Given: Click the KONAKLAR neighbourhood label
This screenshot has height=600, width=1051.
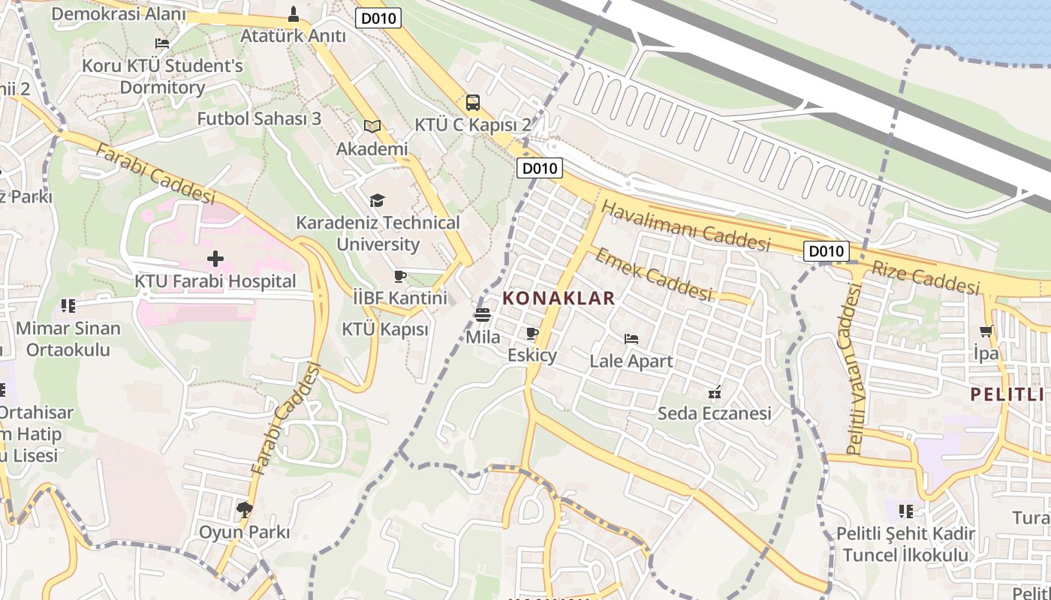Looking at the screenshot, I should click(x=559, y=298).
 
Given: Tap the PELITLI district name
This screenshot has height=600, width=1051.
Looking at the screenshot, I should click(x=1010, y=394).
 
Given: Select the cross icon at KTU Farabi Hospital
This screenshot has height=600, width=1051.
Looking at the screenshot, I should click(x=215, y=259).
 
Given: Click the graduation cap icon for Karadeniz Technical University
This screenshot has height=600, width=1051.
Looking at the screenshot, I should click(x=377, y=200).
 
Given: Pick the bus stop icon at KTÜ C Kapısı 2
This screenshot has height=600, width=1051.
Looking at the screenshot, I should click(x=473, y=103).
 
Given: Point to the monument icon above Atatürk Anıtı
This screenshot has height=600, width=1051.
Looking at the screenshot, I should click(x=294, y=13).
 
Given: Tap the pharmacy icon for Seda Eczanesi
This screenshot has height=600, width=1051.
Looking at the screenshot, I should click(x=715, y=391).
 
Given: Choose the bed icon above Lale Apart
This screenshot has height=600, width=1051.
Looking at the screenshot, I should click(x=631, y=339).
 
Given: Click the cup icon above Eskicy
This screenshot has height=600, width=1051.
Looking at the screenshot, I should click(x=532, y=333).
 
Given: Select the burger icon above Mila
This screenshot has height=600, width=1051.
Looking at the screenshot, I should click(x=483, y=315).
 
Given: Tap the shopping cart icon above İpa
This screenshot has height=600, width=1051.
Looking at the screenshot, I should click(x=986, y=331).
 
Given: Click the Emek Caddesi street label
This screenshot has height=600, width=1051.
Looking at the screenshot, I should click(x=653, y=274).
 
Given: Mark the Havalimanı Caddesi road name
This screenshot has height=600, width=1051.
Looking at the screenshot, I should click(x=686, y=226).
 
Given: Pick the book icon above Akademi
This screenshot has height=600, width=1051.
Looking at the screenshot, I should click(x=372, y=127).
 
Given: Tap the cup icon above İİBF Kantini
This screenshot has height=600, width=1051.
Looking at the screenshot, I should click(x=400, y=277).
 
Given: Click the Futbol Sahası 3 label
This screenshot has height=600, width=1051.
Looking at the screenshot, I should click(x=259, y=118).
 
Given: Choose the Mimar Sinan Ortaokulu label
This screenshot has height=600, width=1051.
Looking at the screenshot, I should click(x=68, y=339).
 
